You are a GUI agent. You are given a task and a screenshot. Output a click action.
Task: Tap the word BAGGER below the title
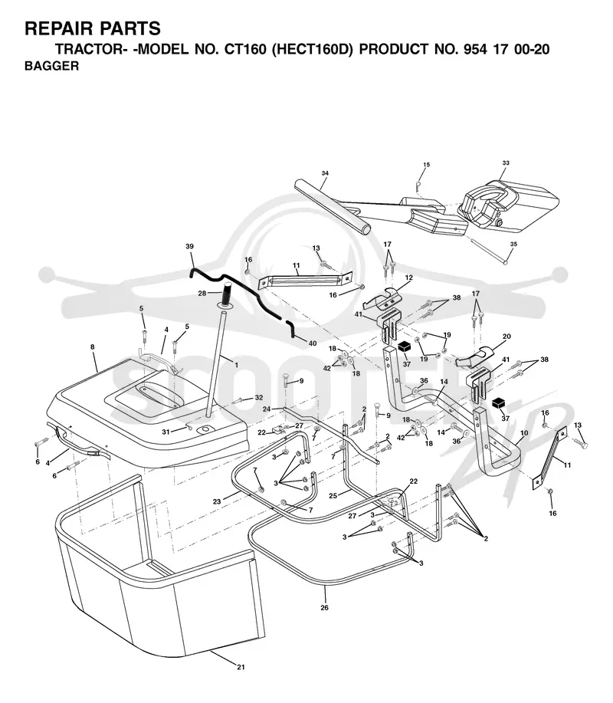pyautogui.click(x=51, y=66)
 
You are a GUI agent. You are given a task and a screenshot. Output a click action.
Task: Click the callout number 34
pyautogui.click(x=326, y=173)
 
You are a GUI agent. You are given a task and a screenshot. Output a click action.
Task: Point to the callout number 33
pyautogui.click(x=506, y=163)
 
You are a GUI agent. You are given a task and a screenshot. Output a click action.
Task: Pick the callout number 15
pyautogui.click(x=427, y=165)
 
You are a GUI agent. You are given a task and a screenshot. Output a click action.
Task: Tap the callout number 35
pyautogui.click(x=513, y=244)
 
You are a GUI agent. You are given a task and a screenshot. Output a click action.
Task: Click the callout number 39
pyautogui.click(x=189, y=246)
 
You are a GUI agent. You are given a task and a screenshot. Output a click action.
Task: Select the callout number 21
pyautogui.click(x=241, y=667)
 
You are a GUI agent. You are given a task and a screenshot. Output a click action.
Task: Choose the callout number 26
pyautogui.click(x=324, y=607)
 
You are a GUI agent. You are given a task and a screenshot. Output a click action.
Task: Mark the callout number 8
pyautogui.click(x=93, y=347)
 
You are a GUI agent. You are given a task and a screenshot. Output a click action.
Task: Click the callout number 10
pyautogui.click(x=524, y=432)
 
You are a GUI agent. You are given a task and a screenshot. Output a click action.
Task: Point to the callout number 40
pyautogui.click(x=313, y=343)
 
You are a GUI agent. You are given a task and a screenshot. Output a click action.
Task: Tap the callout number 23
pyautogui.click(x=217, y=501)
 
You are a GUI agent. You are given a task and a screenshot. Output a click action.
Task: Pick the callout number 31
pyautogui.click(x=166, y=432)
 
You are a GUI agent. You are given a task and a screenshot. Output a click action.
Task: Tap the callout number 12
pyautogui.click(x=408, y=278)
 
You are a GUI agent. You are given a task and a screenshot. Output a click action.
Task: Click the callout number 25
pyautogui.click(x=333, y=495)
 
